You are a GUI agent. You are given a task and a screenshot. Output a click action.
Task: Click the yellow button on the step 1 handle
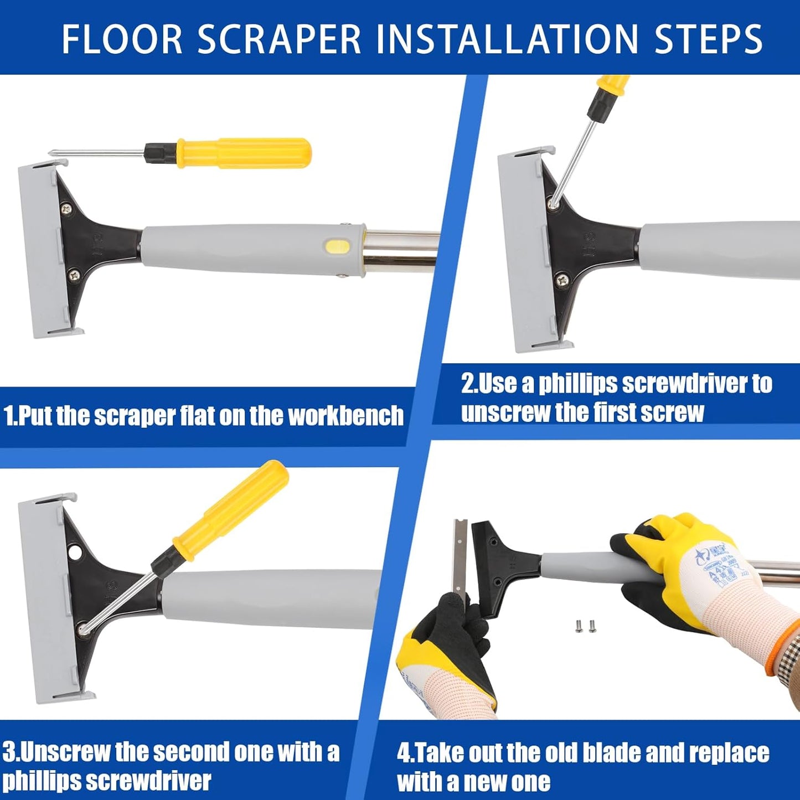(336, 246)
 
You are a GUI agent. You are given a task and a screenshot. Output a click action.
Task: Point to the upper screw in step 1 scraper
(67, 209)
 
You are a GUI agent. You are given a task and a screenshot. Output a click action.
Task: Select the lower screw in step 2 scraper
(563, 279)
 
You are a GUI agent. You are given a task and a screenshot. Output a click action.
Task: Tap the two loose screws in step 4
(585, 626)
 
